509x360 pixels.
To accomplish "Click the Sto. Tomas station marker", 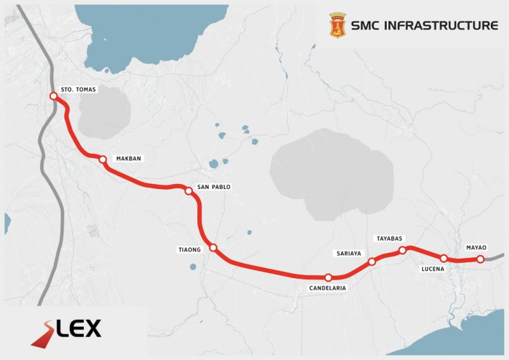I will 53,97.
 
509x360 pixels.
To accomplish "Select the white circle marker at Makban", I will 102,159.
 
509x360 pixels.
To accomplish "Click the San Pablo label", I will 213,187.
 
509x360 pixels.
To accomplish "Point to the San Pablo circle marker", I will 188,191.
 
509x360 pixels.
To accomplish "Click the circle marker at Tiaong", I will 214,247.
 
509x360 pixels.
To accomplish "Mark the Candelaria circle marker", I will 328,277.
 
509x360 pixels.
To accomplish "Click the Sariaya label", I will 349,253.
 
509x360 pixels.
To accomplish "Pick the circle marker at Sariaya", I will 372,261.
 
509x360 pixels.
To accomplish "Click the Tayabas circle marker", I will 402,251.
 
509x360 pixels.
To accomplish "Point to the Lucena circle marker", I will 443,259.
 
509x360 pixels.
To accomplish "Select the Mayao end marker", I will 480,259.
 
